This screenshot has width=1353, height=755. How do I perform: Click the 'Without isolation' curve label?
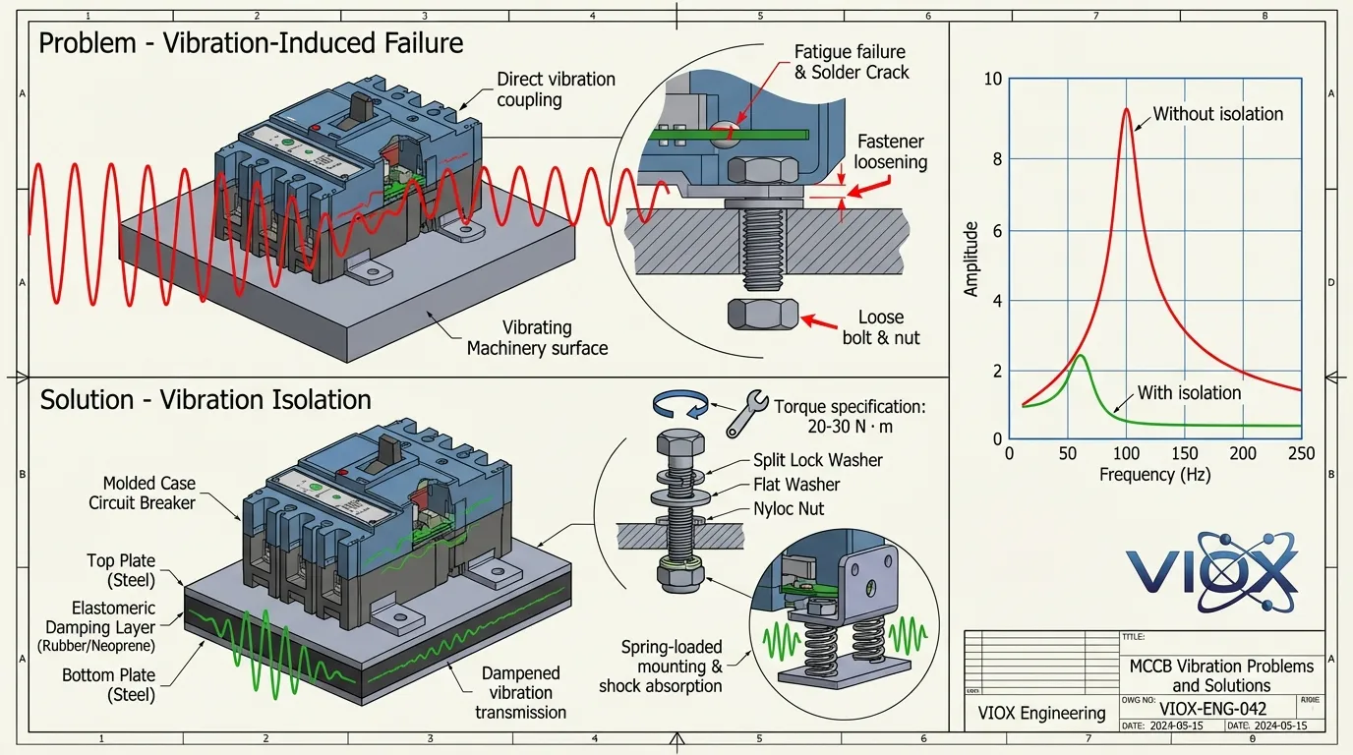coord(1217,114)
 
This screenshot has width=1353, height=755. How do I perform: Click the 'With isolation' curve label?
coord(1189,393)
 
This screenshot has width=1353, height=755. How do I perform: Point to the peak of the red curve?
coord(1127,110)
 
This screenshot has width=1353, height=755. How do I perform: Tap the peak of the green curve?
coord(1080,355)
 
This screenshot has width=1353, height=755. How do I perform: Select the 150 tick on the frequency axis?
coord(1185,453)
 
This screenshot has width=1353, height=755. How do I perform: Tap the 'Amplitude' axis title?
coord(971,260)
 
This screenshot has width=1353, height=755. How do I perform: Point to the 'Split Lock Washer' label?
coord(817,460)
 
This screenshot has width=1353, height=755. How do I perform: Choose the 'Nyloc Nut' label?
coord(789,509)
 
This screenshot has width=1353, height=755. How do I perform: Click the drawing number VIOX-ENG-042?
coord(1212,708)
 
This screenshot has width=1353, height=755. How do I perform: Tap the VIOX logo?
coord(1211,571)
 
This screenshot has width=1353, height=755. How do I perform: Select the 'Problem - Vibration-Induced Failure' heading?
coord(251,43)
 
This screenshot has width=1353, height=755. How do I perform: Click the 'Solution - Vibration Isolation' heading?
coord(206,400)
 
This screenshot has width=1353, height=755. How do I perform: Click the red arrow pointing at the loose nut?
coord(818,319)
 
